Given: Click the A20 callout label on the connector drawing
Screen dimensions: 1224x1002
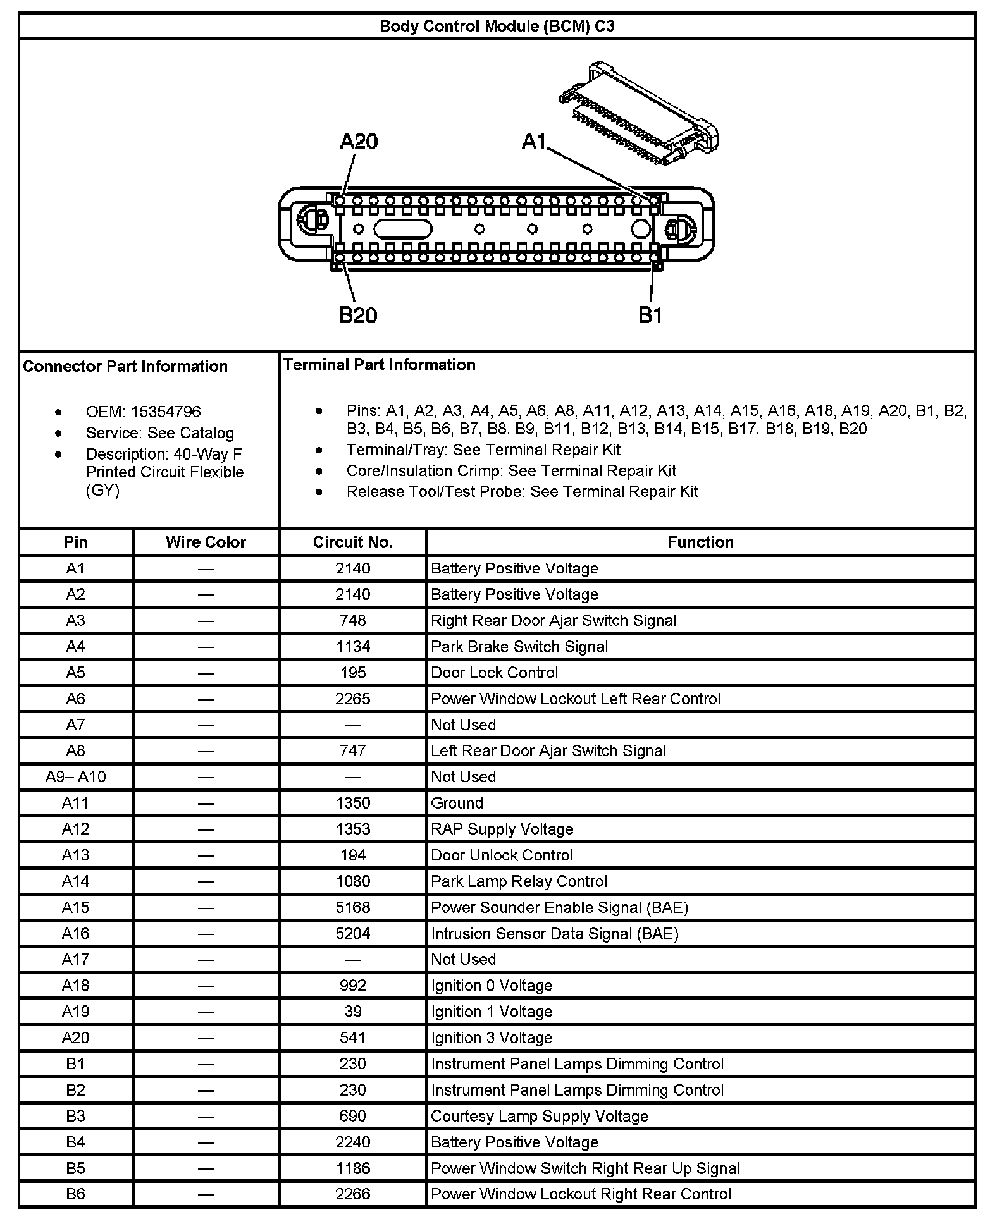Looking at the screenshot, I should tap(358, 141).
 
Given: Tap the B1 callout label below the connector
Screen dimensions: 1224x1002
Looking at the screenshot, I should tap(650, 314).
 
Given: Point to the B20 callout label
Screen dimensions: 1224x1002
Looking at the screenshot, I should tap(357, 314).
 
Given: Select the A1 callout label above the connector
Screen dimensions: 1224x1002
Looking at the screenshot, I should tap(533, 142).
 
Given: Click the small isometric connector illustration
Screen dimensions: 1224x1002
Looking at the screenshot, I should tap(639, 114).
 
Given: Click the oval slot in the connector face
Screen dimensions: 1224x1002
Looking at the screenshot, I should tap(402, 229).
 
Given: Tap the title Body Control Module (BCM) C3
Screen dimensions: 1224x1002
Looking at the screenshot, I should tap(497, 26).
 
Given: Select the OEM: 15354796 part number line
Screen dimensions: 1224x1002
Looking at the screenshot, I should tap(143, 412).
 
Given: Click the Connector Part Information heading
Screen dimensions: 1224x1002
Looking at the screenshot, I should tap(125, 366).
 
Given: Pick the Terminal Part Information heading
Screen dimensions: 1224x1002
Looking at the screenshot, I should tap(380, 364).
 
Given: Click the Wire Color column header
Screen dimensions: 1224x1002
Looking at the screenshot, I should tap(206, 542).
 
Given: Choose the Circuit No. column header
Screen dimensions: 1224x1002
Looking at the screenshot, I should tap(352, 542).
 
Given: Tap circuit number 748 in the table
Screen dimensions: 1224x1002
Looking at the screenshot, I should tap(352, 620).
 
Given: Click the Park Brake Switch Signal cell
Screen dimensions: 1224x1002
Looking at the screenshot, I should tap(519, 646).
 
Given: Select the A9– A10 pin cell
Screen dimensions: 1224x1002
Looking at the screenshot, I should tap(75, 776).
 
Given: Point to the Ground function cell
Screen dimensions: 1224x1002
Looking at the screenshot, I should tap(457, 803).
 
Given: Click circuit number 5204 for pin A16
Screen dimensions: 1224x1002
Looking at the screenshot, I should tap(352, 933).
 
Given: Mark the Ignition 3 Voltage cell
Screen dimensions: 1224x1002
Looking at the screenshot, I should tap(492, 1037).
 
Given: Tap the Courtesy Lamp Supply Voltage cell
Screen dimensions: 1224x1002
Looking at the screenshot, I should tap(540, 1116).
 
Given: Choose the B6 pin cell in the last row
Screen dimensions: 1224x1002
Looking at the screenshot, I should tap(75, 1194).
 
